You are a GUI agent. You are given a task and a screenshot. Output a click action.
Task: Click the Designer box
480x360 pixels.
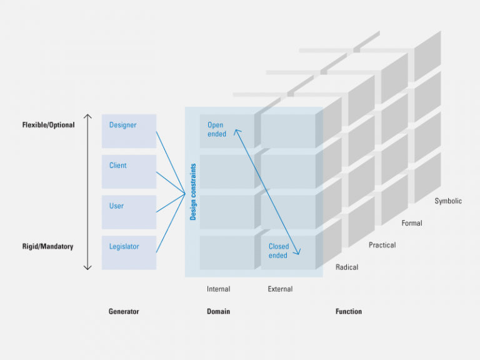pos(129,131)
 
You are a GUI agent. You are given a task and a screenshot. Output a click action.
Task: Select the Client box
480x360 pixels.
pos(129,171)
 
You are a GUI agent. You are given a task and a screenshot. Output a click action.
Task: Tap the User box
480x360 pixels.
pos(129,212)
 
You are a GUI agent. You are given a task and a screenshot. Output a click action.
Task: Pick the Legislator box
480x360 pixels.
pos(129,252)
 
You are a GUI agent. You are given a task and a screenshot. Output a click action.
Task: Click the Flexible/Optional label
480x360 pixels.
pos(48,125)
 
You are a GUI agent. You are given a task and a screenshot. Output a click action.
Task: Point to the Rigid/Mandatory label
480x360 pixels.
pos(47,246)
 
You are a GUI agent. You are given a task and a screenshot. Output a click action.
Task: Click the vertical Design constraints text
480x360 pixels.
pos(193,192)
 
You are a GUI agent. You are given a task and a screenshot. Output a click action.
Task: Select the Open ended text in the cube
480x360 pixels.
pos(216,129)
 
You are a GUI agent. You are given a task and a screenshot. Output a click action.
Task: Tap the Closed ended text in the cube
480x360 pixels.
pos(278,251)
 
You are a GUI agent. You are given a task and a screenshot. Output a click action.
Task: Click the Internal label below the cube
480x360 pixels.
pos(218,289)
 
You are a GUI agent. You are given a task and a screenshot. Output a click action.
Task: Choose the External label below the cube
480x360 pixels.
pos(280,289)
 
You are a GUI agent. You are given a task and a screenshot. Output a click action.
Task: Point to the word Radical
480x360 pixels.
pos(347,267)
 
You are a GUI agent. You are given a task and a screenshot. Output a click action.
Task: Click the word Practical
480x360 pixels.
pos(382,245)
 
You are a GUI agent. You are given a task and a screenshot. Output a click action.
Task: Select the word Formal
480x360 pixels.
pos(412,223)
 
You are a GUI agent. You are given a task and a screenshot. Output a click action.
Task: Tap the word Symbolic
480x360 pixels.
pos(448,201)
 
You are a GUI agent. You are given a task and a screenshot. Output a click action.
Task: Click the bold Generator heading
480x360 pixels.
pos(124,311)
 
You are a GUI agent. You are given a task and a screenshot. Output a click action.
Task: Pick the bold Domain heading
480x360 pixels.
pos(218,311)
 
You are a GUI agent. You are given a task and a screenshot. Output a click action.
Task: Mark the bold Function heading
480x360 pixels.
pos(348,311)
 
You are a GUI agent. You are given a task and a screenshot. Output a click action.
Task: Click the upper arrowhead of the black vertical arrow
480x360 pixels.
pos(87,116)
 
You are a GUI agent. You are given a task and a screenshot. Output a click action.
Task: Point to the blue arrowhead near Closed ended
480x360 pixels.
pos(299,252)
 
